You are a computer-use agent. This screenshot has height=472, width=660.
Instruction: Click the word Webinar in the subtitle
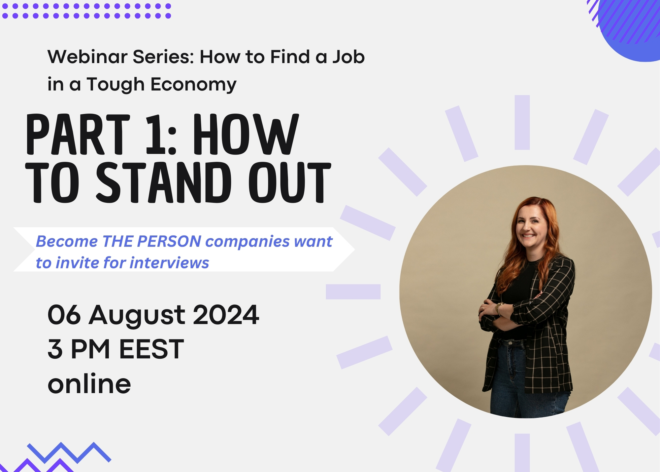click(x=87, y=57)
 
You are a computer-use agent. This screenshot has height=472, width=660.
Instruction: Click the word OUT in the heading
click(x=290, y=182)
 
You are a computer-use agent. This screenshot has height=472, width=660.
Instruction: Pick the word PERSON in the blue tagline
click(x=169, y=241)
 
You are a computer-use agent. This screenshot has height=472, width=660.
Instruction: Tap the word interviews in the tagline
click(x=169, y=263)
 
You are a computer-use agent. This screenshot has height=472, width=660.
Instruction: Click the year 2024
click(x=226, y=315)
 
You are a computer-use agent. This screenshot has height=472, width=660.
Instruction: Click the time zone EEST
click(x=151, y=349)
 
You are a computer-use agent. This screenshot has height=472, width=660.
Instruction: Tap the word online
click(x=89, y=383)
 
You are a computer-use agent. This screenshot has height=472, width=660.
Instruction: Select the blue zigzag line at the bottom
click(x=69, y=453)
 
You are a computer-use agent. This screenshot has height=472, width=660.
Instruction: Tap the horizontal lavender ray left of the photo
click(x=353, y=292)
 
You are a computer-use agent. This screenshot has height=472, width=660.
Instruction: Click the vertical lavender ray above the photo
click(x=522, y=122)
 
